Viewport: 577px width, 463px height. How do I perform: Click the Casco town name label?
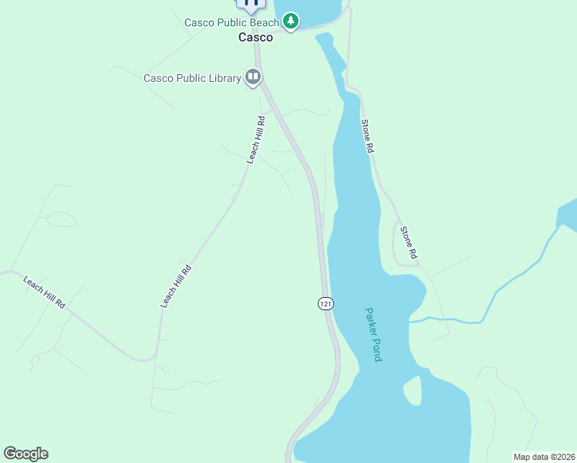[255, 37]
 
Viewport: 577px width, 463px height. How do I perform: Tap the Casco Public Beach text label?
[231, 22]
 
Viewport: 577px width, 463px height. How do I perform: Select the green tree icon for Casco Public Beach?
[290, 21]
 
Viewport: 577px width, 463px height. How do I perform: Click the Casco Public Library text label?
[192, 78]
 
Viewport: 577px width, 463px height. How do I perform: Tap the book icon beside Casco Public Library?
[252, 76]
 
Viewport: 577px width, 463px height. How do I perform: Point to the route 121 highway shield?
[326, 304]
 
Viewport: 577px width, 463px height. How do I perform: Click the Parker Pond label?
[373, 335]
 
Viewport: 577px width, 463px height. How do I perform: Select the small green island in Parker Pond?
[413, 390]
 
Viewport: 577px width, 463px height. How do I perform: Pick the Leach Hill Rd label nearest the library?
[256, 140]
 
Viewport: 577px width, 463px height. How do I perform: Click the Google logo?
[25, 454]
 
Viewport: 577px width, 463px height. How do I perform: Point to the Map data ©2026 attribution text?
[544, 457]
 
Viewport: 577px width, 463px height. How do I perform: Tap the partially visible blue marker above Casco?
[251, 4]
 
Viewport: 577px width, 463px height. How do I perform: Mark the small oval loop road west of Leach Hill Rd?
[62, 219]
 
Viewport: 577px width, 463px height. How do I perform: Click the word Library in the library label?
[225, 78]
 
